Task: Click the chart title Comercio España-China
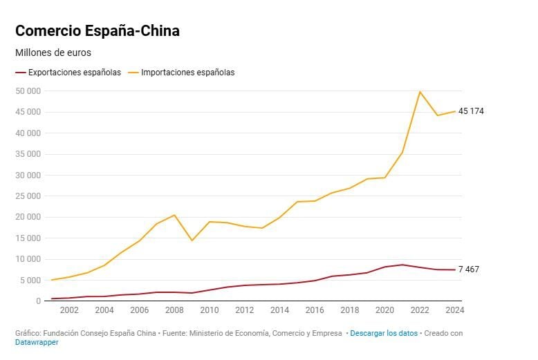(x=98, y=31)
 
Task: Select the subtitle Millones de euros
(x=53, y=53)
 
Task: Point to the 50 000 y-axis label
(x=28, y=91)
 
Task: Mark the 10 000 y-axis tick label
(x=28, y=259)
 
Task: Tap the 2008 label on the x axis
(x=174, y=310)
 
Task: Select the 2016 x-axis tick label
(x=315, y=310)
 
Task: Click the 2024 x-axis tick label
(x=454, y=310)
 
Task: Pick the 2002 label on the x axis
(x=69, y=310)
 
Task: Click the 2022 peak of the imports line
(x=420, y=92)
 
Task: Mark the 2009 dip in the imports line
(x=192, y=240)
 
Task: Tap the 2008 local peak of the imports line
(x=174, y=215)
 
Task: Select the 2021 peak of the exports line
(x=402, y=265)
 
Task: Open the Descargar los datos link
(x=384, y=333)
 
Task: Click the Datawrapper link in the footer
(x=37, y=342)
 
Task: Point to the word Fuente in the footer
(x=191, y=333)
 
